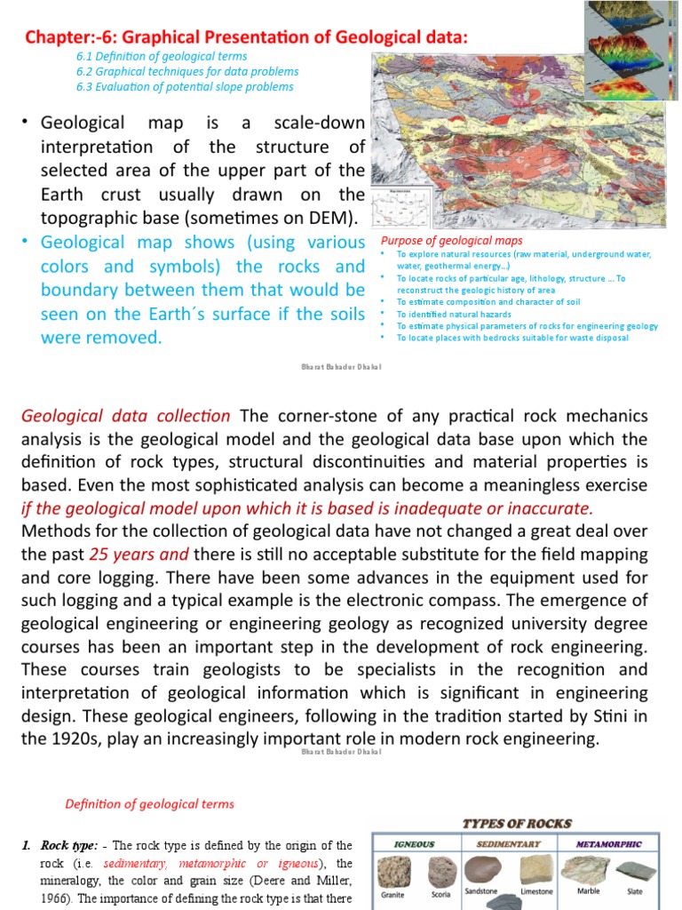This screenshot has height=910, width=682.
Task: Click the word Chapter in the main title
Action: click(55, 36)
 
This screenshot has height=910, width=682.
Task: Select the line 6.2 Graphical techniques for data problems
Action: click(186, 71)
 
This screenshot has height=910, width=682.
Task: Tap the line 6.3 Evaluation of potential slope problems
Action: click(185, 86)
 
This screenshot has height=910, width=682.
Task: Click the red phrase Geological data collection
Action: click(125, 416)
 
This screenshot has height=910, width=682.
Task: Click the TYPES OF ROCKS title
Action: click(517, 824)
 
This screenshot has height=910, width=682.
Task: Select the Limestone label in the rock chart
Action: click(535, 891)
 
